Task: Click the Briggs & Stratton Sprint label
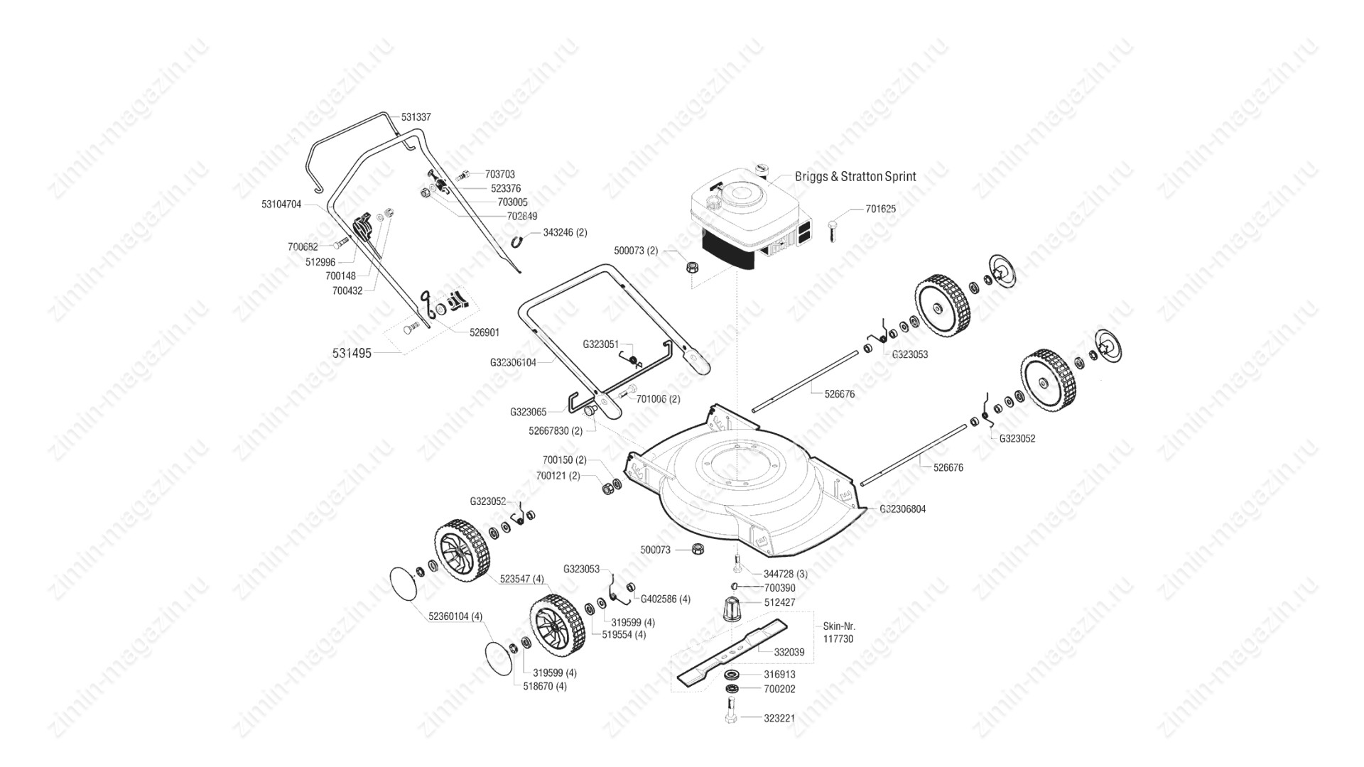(x=855, y=176)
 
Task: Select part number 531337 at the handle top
(x=416, y=116)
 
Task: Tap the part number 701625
(x=881, y=210)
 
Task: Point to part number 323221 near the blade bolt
(x=779, y=718)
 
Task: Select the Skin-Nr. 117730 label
(x=839, y=633)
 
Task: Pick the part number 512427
(x=779, y=602)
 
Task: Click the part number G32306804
(x=902, y=509)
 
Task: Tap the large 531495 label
(x=352, y=353)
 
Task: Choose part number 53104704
(x=281, y=205)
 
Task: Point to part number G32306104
(x=513, y=362)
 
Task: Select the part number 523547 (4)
(x=521, y=579)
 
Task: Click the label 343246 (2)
(x=565, y=232)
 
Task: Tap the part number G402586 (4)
(x=665, y=599)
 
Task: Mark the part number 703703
(x=500, y=174)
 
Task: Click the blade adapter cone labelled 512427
(x=732, y=609)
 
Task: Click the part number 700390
(x=779, y=588)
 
